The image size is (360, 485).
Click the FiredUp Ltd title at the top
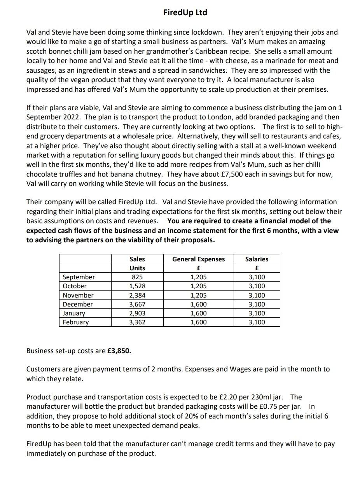click(185, 12)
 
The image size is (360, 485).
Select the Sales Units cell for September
click(137, 277)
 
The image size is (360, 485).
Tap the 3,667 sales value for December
click(137, 304)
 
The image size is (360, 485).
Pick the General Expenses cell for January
click(198, 313)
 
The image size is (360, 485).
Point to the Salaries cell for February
click(257, 322)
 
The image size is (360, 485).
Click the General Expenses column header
click(198, 259)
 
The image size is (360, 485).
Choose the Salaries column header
click(257, 259)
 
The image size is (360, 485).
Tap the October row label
click(75, 286)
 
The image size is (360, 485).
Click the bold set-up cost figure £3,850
click(119, 351)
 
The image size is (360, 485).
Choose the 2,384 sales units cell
click(137, 295)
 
